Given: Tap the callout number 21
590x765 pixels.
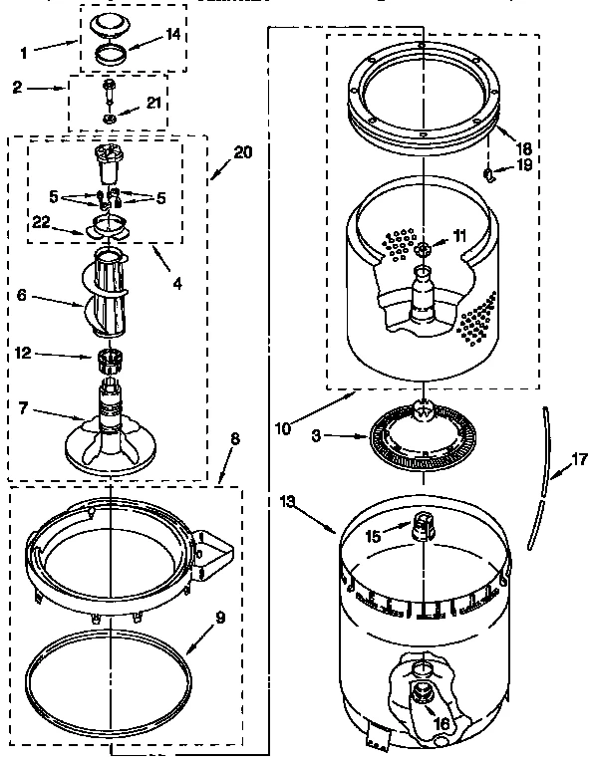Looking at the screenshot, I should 153,103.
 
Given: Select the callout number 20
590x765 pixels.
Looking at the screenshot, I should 242,152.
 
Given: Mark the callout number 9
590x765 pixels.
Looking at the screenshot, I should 220,617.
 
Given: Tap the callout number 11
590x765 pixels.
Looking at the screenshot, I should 459,236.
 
